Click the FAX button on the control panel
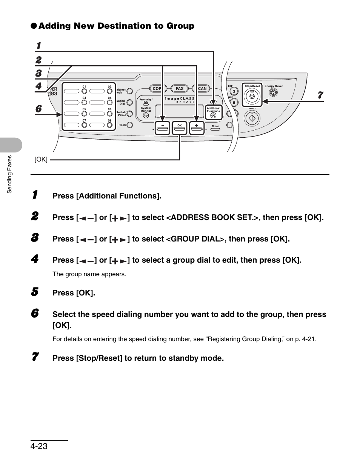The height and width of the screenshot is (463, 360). [180, 89]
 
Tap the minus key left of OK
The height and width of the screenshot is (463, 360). [162, 129]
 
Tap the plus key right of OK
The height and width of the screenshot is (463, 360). [197, 129]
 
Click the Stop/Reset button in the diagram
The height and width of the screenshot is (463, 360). [252, 98]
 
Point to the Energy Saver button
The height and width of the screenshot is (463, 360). [274, 92]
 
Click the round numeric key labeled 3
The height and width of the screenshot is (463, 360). [234, 91]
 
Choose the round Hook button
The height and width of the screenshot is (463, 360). [130, 125]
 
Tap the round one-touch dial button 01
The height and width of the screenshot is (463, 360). [85, 91]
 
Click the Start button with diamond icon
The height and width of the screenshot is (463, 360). [252, 119]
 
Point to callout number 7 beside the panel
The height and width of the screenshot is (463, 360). [320, 95]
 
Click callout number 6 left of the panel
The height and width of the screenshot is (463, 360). [38, 109]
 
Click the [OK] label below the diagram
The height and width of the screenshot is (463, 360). [41, 160]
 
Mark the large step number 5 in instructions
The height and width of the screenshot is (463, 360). [35, 292]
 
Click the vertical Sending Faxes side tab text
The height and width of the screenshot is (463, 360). [10, 174]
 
